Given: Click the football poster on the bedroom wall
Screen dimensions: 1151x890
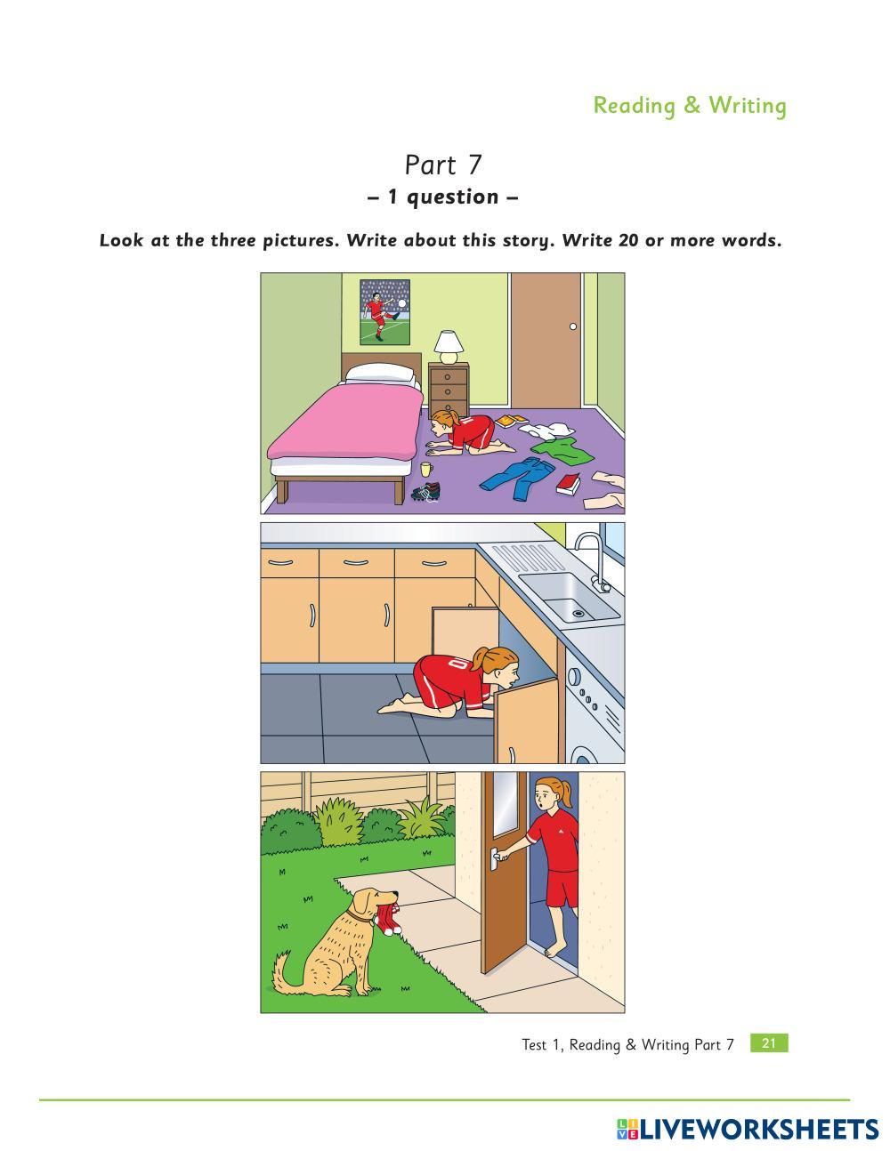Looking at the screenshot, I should pos(385,311).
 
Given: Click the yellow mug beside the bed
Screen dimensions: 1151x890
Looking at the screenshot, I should pos(426,469).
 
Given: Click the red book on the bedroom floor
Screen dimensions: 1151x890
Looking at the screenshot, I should pos(568,485).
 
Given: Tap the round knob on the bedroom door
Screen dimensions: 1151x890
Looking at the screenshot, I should pos(573,326).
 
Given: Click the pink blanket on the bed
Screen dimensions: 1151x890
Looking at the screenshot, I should pos(344,423).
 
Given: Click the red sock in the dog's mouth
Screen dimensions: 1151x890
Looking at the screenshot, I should pos(389,919).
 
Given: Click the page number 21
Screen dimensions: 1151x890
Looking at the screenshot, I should pos(769,1043).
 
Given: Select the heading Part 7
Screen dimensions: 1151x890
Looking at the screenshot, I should pos(442,165).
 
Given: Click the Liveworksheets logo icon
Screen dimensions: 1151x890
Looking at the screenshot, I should pos(627,1130).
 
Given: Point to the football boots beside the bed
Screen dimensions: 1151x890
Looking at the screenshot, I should pos(427,492).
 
